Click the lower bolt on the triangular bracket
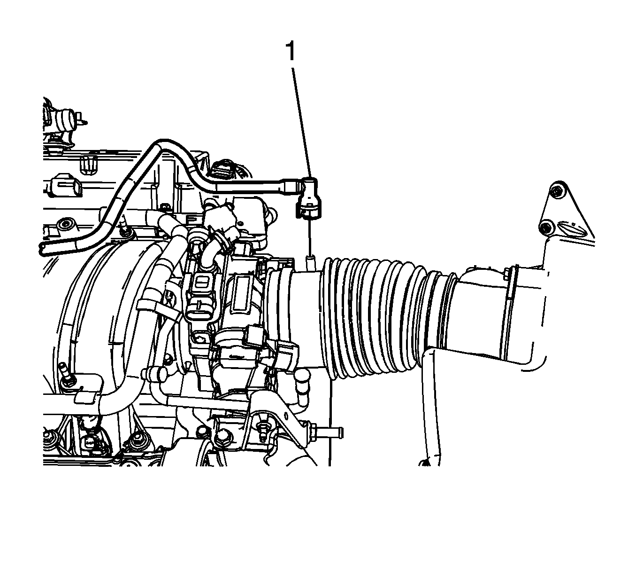(545, 228)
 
